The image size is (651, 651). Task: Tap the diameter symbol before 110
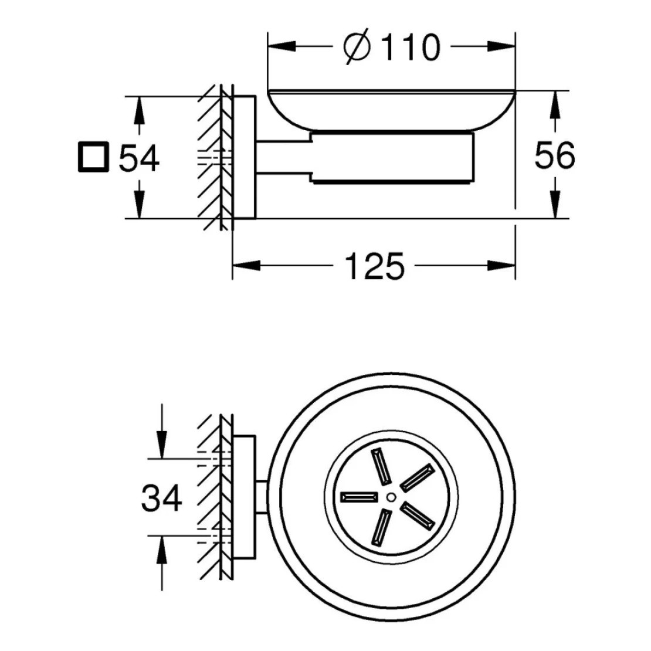[357, 46]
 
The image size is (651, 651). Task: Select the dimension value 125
[375, 266]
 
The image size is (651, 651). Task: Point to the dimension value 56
[555, 155]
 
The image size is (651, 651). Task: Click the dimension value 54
[138, 158]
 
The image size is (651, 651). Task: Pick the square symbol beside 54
[93, 157]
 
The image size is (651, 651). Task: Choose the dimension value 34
[161, 497]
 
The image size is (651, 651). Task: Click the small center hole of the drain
[391, 497]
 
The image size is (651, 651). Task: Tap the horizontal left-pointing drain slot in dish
[359, 497]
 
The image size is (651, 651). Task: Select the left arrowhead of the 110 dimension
[282, 46]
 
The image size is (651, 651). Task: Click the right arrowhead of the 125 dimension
[501, 266]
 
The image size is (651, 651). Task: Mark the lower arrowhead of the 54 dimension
[140, 204]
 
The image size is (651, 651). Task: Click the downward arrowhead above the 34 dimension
[161, 445]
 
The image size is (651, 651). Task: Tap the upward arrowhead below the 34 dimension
[161, 550]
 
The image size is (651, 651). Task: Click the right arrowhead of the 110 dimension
[501, 46]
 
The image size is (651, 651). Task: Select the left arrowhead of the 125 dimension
[246, 266]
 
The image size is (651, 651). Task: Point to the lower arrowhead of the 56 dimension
[555, 204]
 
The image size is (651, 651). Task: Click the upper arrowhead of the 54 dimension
[140, 110]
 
